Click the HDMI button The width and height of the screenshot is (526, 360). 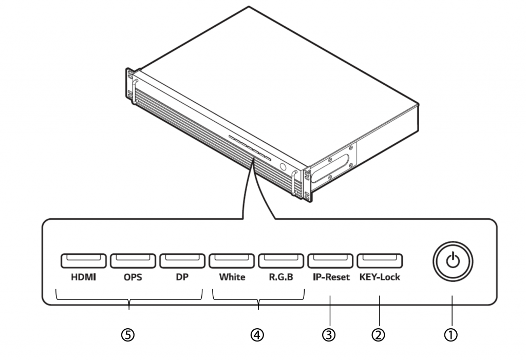[84, 261]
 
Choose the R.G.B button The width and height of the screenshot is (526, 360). [281, 261]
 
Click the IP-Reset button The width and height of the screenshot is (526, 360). [330, 261]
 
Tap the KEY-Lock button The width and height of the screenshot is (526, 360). [380, 261]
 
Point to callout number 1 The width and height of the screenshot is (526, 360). [452, 335]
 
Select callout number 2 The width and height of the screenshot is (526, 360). [379, 335]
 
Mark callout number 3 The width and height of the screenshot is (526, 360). [329, 335]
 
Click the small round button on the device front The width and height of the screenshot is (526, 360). [282, 167]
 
